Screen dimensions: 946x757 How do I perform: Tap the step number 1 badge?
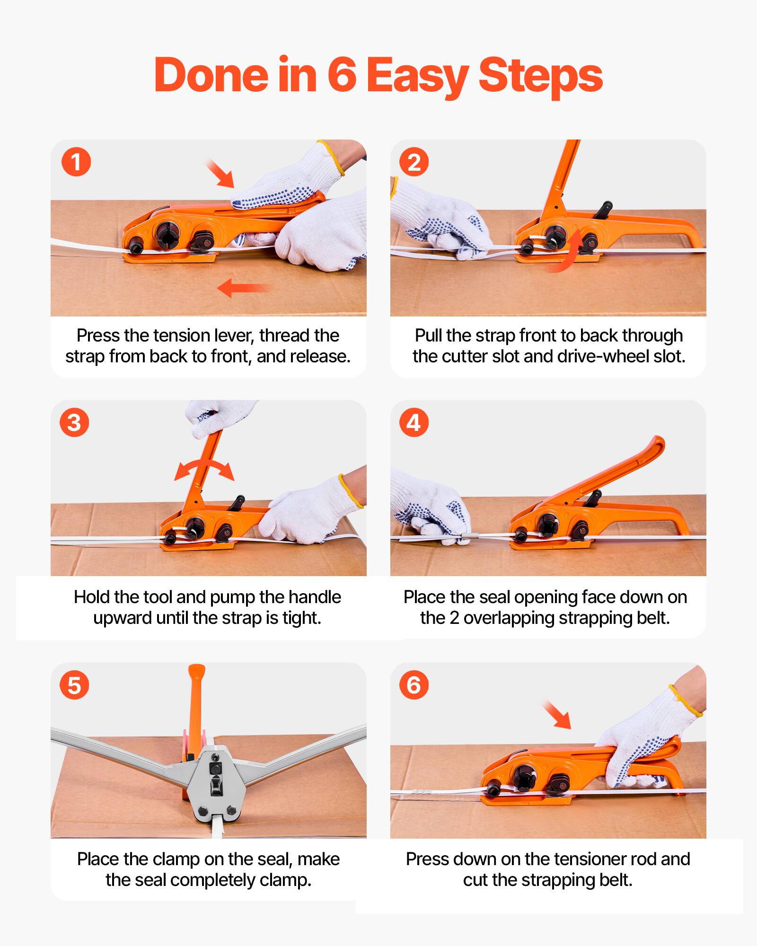coord(76,162)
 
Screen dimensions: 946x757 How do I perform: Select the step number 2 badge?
coord(414,162)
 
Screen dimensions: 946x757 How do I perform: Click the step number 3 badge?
coord(74,422)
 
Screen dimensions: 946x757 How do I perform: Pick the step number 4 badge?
coord(414,422)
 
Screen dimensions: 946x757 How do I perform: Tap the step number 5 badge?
coord(74,685)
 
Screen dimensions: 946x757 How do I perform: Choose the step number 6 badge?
coord(414,685)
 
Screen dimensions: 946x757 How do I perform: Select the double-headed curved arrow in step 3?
coord(204,470)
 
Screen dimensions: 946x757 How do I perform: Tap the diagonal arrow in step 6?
coord(557,715)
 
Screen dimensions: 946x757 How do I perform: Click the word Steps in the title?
coord(540,76)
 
